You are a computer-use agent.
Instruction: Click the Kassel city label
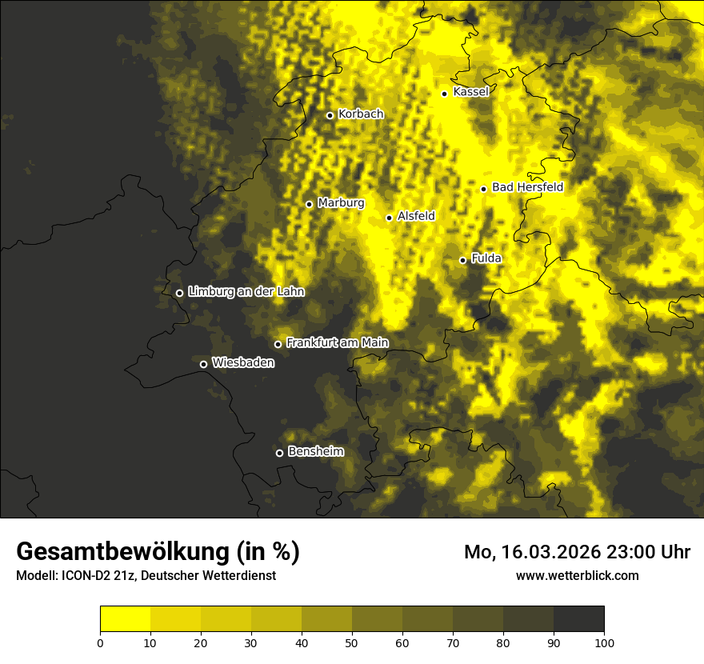click(x=470, y=92)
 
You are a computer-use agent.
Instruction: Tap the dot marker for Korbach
click(x=330, y=115)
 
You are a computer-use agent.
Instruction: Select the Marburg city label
click(x=341, y=203)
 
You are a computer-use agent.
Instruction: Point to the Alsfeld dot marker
click(x=389, y=218)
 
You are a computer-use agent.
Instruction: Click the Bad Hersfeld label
click(x=527, y=187)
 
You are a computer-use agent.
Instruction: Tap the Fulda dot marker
click(x=462, y=260)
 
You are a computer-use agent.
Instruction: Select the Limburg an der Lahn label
click(x=246, y=292)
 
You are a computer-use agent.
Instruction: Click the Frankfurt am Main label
click(x=337, y=342)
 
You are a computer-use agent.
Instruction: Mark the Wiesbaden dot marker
click(x=203, y=364)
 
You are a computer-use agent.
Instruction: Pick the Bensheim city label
click(x=315, y=451)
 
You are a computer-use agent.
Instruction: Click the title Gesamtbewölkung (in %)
click(x=158, y=552)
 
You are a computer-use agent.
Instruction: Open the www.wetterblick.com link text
click(x=577, y=575)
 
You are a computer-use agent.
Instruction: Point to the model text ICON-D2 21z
click(x=101, y=575)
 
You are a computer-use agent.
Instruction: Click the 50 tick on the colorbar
click(x=352, y=642)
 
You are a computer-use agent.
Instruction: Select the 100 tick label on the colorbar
click(x=604, y=642)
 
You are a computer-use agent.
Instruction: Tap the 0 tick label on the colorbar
click(x=100, y=642)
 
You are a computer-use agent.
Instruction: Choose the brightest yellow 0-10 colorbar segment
click(x=125, y=619)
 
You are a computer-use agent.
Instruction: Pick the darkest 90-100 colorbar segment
click(x=578, y=619)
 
